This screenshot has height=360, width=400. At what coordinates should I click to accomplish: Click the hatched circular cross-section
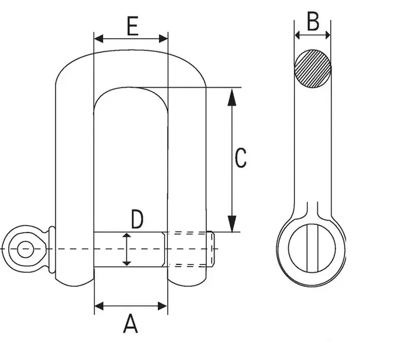coord(313,68)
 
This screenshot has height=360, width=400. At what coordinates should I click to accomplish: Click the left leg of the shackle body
coord(75,177)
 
